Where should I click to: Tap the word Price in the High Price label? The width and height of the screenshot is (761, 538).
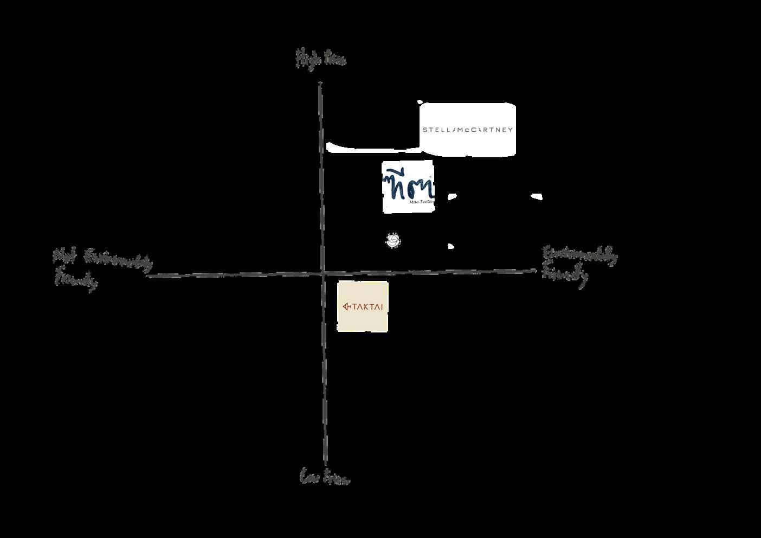click(x=334, y=59)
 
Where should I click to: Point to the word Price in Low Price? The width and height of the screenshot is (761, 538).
click(x=337, y=478)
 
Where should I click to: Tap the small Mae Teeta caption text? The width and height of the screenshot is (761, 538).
click(x=421, y=202)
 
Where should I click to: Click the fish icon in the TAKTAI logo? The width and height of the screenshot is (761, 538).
click(x=347, y=307)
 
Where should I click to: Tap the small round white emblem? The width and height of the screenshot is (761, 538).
click(x=393, y=240)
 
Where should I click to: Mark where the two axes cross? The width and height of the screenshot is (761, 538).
click(x=323, y=273)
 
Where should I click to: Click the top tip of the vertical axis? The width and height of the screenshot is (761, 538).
click(x=320, y=83)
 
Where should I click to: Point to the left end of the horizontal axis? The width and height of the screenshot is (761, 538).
click(x=148, y=276)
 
